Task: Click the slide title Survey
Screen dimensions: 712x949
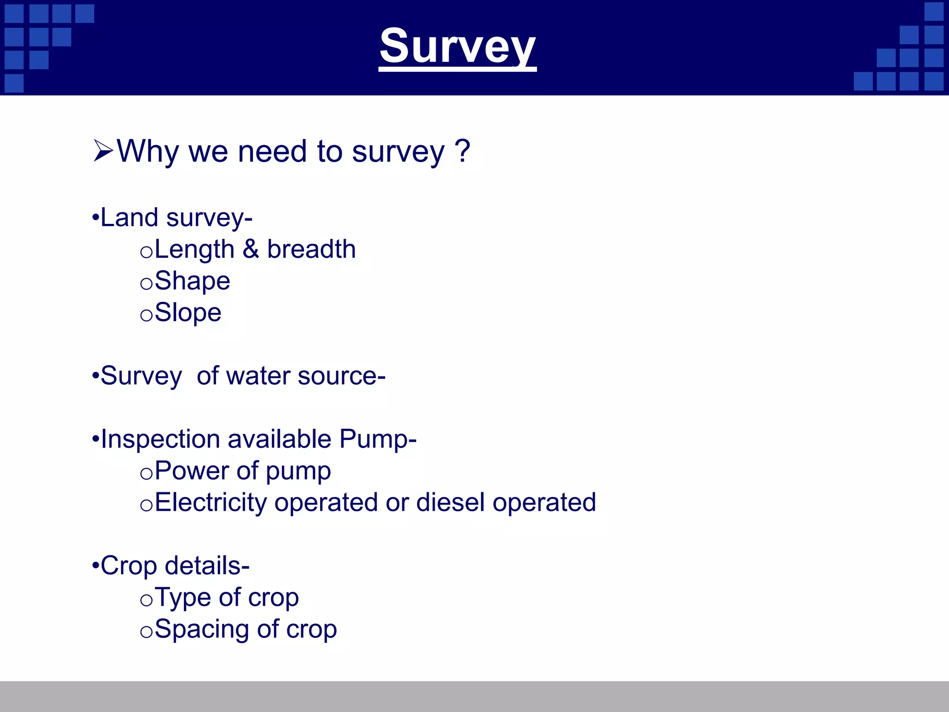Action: (x=457, y=46)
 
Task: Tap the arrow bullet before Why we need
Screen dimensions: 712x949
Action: (x=103, y=151)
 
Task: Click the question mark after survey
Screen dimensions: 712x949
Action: (x=462, y=151)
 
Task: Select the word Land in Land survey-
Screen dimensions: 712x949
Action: (x=129, y=218)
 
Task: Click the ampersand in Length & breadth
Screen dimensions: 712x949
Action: (x=251, y=249)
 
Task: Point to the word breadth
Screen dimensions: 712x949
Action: (x=311, y=249)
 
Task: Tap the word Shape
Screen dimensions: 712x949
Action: (x=192, y=281)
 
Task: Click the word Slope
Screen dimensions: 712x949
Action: (x=188, y=313)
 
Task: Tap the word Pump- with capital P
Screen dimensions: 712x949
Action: (x=378, y=439)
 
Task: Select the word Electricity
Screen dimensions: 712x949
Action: (x=210, y=502)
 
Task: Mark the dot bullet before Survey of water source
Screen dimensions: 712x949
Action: (x=95, y=375)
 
